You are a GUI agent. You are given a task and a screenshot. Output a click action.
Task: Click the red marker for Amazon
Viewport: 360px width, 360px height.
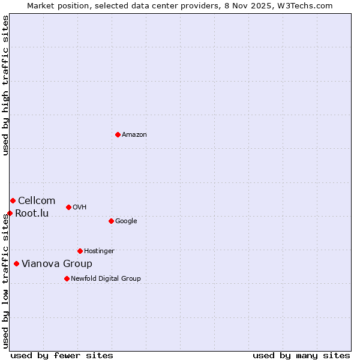click(x=118, y=134)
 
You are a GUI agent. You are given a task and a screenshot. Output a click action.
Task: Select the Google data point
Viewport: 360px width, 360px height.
click(x=111, y=221)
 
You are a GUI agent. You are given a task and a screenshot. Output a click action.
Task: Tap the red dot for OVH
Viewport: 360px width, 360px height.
click(x=68, y=207)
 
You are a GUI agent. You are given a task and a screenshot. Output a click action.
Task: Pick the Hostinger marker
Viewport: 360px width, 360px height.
click(x=80, y=251)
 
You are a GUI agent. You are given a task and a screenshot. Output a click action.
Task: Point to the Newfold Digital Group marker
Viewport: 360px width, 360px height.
click(x=67, y=278)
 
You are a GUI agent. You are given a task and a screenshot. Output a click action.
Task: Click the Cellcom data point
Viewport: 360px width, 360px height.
click(x=13, y=200)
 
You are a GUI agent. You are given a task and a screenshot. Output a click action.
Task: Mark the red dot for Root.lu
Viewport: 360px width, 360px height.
click(x=10, y=213)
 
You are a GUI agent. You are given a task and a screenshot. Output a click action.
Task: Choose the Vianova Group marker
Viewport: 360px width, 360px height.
click(x=16, y=263)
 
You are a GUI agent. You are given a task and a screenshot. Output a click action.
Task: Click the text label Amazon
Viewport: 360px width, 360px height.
click(x=134, y=135)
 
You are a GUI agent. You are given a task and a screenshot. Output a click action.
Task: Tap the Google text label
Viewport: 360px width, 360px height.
click(x=126, y=221)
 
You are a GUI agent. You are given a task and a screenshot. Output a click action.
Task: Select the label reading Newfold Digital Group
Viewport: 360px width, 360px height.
click(x=106, y=279)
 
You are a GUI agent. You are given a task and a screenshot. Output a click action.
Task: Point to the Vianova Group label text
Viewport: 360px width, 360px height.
click(x=57, y=264)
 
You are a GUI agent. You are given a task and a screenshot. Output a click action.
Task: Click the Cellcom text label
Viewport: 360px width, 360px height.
click(x=37, y=201)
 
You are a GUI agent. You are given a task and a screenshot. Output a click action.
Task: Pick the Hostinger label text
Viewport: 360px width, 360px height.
click(x=99, y=251)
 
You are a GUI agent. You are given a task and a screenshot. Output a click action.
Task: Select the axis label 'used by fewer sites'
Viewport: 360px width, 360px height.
click(x=62, y=356)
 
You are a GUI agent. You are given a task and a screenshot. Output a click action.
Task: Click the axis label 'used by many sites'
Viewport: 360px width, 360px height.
click(x=301, y=356)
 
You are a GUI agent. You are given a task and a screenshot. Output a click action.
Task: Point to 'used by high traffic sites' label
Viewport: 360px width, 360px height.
click(x=5, y=85)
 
